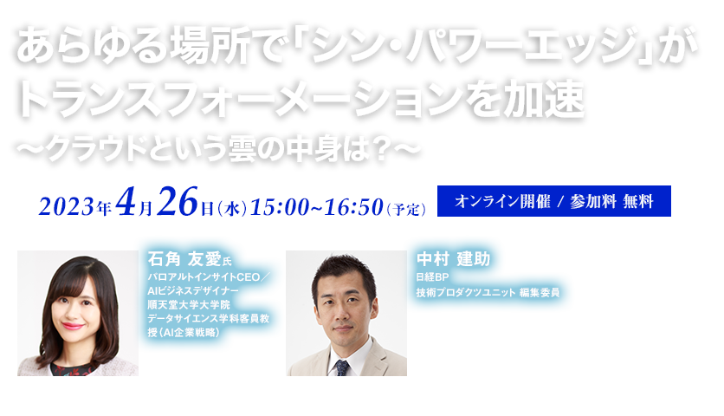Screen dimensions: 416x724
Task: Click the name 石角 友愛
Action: pyautogui.click(x=180, y=258)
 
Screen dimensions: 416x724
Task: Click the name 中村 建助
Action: pyautogui.click(x=453, y=258)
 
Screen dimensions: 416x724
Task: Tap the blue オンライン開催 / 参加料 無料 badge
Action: pyautogui.click(x=554, y=200)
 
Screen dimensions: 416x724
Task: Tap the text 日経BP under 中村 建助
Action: pyautogui.click(x=430, y=277)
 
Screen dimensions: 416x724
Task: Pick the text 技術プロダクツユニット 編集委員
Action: pyautogui.click(x=487, y=292)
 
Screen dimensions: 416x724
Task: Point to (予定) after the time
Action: pyautogui.click(x=406, y=208)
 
